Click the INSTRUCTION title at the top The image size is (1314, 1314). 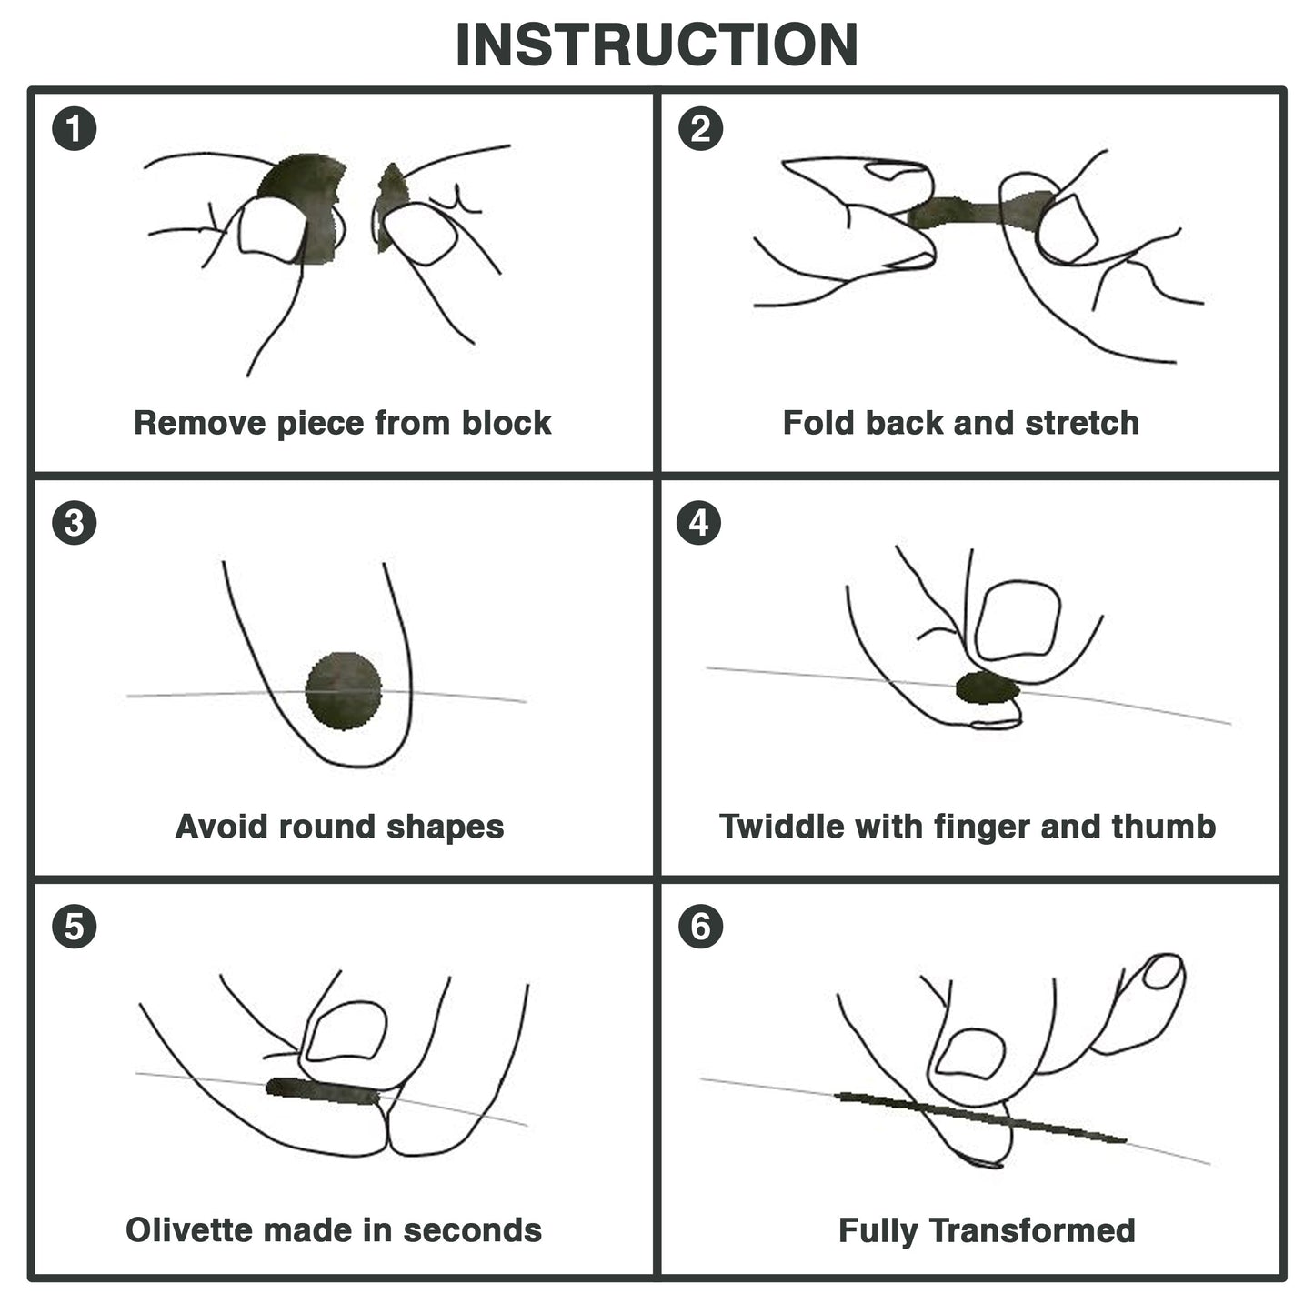657,45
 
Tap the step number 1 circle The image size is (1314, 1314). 75,129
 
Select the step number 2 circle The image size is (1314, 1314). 700,129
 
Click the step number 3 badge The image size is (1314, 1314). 75,524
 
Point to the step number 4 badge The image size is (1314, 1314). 700,524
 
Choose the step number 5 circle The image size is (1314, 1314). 75,927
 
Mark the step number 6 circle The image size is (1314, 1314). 700,927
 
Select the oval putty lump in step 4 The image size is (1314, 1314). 987,688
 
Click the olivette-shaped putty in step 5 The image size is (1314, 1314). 323,1090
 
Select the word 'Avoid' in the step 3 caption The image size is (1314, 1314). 222,827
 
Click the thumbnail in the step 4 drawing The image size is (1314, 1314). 1017,620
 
